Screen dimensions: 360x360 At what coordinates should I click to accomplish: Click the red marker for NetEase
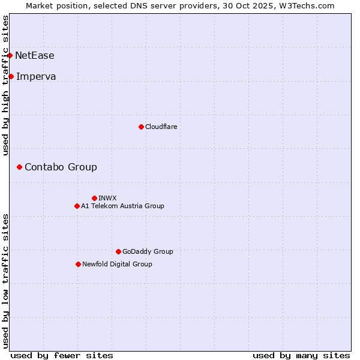click(10, 56)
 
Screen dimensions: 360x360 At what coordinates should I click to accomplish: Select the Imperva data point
click(11, 76)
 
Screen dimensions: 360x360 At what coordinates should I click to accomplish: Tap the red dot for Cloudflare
click(141, 127)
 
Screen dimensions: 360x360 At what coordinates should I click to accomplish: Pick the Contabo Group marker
click(19, 167)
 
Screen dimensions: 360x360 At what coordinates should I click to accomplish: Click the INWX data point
click(94, 198)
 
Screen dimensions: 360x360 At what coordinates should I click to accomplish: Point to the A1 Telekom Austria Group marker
click(77, 206)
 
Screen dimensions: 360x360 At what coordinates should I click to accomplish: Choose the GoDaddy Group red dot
click(118, 251)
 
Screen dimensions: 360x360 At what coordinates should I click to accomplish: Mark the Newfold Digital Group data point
click(78, 264)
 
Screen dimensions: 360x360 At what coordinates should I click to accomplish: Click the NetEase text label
click(35, 56)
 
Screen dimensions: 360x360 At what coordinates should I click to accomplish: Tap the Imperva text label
click(36, 76)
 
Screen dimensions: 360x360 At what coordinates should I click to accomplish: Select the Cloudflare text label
click(161, 127)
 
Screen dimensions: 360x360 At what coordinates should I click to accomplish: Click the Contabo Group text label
click(61, 167)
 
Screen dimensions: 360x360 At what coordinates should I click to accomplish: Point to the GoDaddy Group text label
click(148, 251)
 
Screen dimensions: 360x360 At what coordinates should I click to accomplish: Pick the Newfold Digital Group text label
click(117, 264)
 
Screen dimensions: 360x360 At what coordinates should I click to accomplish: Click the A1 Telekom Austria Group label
click(122, 206)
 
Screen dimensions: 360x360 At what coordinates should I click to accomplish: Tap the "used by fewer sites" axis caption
click(62, 355)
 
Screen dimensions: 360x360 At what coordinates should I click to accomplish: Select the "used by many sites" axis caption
click(301, 355)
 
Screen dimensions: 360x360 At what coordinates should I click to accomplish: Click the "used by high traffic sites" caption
click(5, 85)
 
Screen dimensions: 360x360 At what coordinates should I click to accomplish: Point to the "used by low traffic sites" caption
click(5, 280)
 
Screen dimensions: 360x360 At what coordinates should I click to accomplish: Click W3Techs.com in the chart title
click(305, 5)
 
